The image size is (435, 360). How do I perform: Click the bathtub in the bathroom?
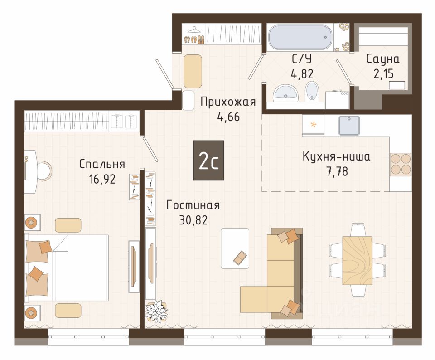pos(300,37)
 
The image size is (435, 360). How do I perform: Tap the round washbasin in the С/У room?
pos(285,93)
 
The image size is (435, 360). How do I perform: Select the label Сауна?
pos(383,59)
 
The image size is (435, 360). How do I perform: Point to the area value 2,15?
pos(384,74)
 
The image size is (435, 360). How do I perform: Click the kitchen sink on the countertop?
pos(349,126)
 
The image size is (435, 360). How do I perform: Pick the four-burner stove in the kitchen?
pos(400,164)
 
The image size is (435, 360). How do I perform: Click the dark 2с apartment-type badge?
pos(208,160)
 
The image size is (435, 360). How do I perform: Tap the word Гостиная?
pos(193,205)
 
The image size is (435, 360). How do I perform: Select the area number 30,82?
pos(193,220)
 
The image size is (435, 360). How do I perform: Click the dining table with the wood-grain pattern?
pos(357,260)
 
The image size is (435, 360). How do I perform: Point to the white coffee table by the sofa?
pos(235,248)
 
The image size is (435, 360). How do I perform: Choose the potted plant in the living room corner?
pos(156,311)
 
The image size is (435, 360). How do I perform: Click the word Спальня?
pos(102,164)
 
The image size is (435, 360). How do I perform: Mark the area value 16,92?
pos(102,179)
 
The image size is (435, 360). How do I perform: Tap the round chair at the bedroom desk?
pos(44,171)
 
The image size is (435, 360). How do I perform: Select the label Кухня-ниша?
pos(336,157)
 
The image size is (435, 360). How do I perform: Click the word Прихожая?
pos(228,102)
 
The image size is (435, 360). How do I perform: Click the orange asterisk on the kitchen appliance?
pos(314,124)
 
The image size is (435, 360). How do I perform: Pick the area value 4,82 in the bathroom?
pos(302,74)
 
